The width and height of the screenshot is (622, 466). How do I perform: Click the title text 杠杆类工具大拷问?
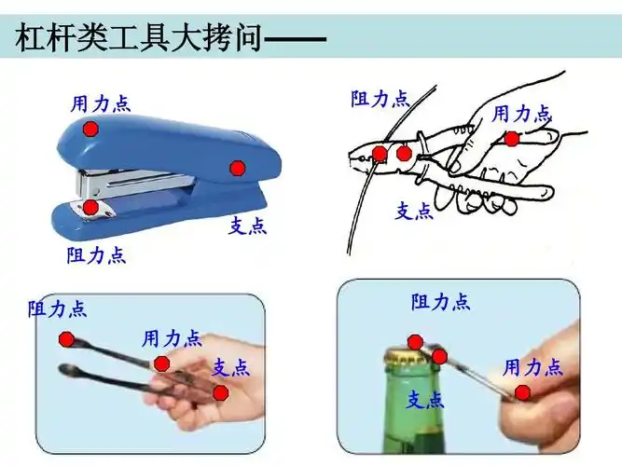click(140, 40)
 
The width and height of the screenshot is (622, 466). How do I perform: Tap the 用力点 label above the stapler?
click(101, 103)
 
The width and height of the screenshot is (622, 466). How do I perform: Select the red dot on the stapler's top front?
click(90, 130)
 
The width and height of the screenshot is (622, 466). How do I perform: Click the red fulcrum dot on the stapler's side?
click(238, 168)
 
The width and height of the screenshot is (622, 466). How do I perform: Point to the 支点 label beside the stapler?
click(247, 226)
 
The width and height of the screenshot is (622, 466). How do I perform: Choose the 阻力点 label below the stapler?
click(96, 254)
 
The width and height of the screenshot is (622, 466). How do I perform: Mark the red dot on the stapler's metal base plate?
click(90, 207)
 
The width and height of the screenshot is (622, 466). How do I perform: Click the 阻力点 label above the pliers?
click(380, 99)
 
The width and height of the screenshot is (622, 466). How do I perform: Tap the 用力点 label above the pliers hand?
click(521, 114)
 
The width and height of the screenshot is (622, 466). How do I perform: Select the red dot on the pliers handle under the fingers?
click(512, 139)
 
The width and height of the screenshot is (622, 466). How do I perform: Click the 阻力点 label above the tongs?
click(57, 308)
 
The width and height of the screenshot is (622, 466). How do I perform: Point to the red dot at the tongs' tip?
click(65, 339)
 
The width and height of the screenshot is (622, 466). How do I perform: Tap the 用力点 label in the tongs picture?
click(172, 337)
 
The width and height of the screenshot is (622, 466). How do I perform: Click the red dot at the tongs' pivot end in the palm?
click(220, 392)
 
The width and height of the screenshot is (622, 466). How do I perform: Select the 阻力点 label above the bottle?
click(441, 301)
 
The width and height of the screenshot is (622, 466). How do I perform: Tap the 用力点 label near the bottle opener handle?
click(533, 366)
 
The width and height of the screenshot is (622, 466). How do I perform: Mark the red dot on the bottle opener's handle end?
click(523, 392)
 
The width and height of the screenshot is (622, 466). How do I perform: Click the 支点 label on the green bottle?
click(424, 400)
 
